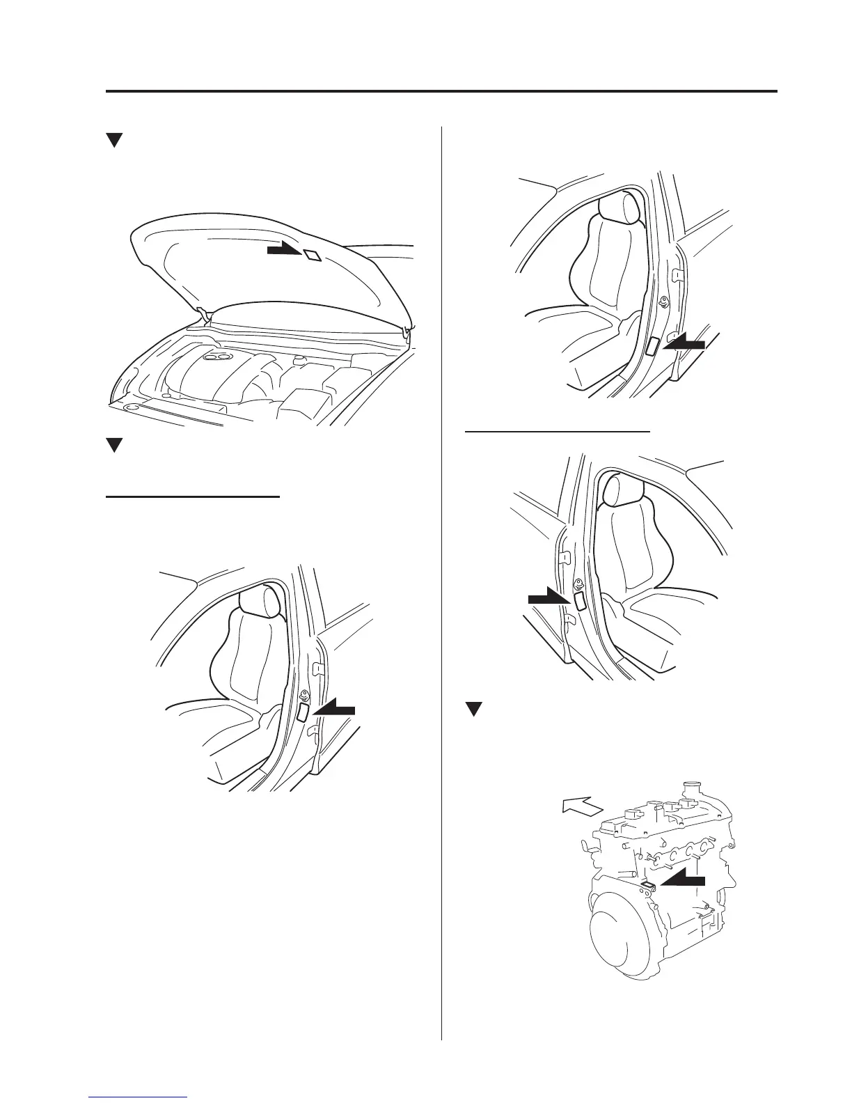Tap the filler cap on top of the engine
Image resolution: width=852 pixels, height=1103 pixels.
point(691,791)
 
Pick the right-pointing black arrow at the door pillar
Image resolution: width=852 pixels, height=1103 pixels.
point(549,596)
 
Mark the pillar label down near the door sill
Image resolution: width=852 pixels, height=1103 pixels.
point(653,346)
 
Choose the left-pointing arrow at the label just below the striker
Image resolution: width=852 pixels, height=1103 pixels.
point(334,710)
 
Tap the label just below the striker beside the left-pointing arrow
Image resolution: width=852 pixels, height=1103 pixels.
point(303,711)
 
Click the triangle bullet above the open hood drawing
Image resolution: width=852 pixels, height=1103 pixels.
point(114,140)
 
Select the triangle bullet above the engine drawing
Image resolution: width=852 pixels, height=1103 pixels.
point(473,710)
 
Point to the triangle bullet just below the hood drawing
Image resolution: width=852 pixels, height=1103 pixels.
point(114,445)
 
